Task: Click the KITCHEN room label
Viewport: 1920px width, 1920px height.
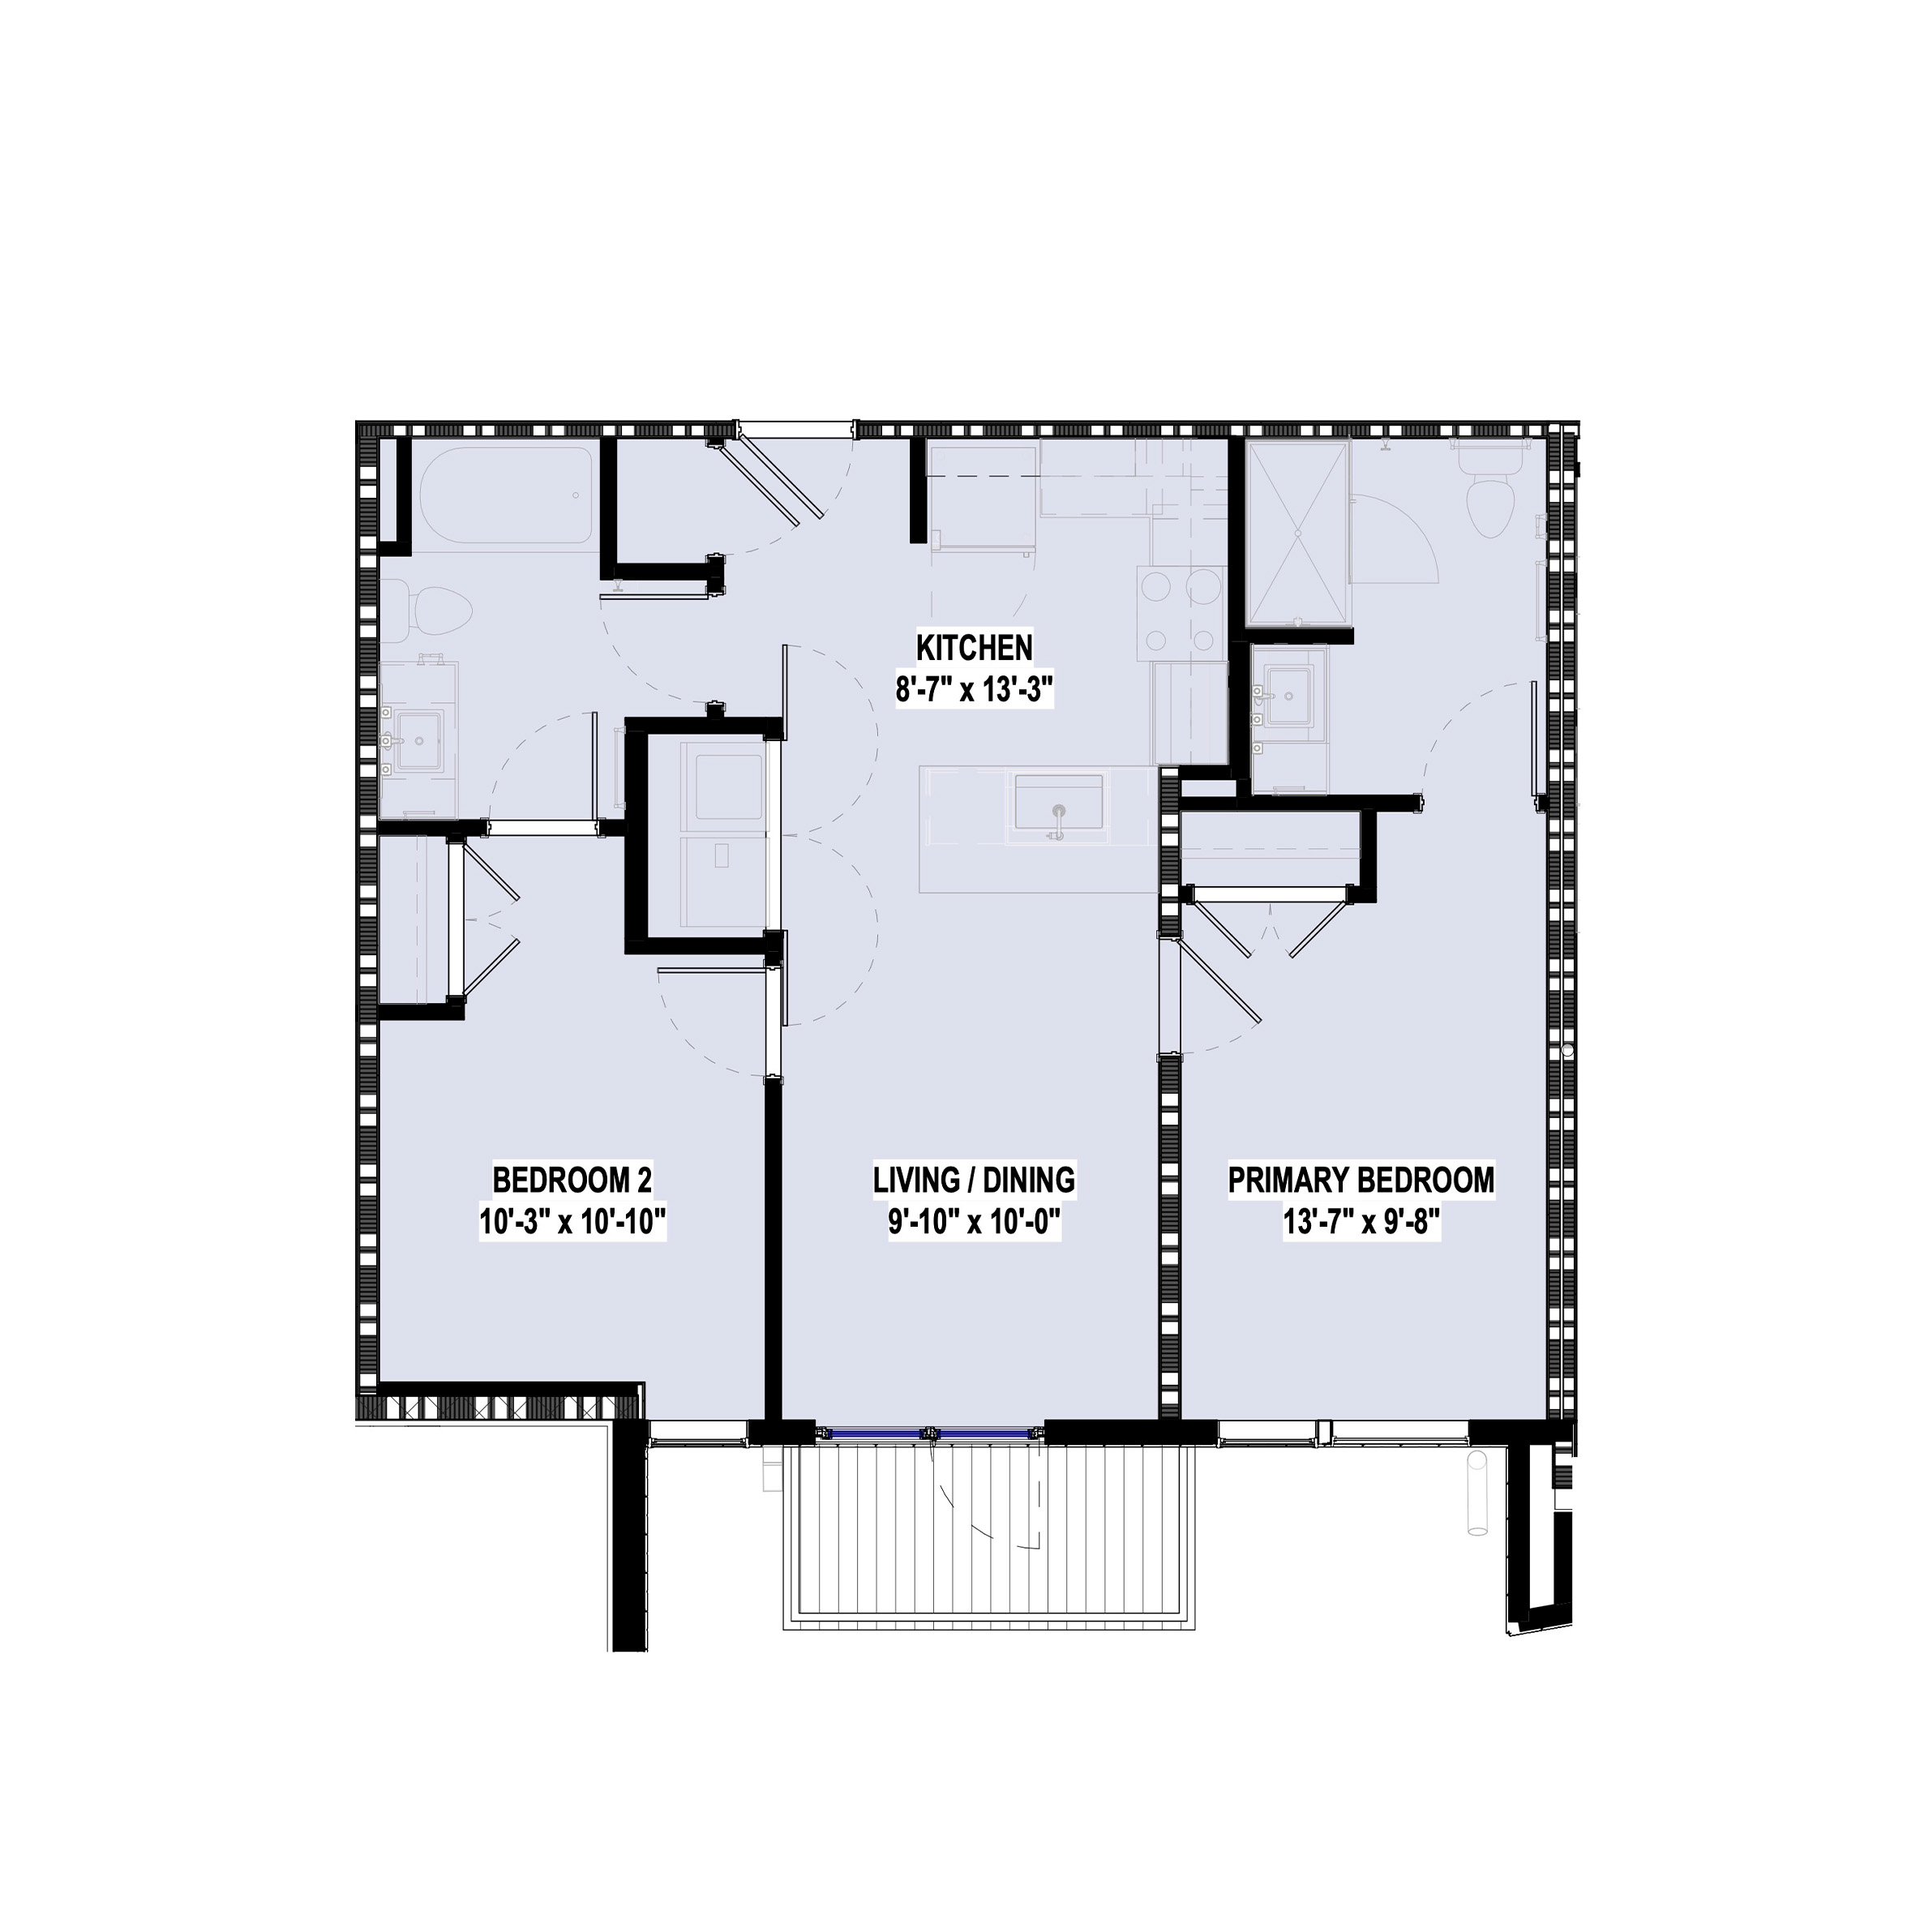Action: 974,648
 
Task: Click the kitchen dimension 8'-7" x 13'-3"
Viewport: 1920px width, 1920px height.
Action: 974,690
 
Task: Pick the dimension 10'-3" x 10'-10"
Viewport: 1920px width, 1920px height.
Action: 572,1224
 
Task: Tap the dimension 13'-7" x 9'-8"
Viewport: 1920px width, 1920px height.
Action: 1361,1224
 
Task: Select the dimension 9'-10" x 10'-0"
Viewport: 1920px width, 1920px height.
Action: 974,1224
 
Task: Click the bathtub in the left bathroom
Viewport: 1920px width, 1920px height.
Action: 507,496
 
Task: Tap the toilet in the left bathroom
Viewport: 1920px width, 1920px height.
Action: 432,607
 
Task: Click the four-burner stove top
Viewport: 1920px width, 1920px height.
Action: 1181,614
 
